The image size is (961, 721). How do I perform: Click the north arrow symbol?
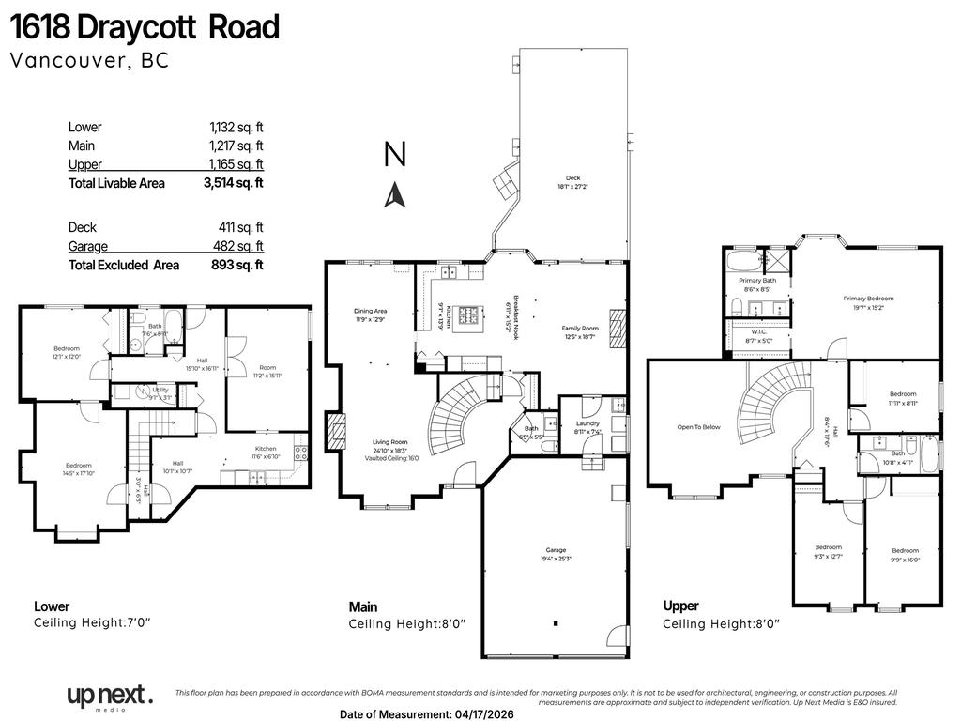click(395, 193)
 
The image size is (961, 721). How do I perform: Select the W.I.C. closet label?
click(757, 335)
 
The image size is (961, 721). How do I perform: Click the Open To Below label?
click(699, 427)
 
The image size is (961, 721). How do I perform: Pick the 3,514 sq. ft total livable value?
click(234, 184)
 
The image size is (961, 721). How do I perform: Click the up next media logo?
click(108, 697)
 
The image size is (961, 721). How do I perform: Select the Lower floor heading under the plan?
click(52, 606)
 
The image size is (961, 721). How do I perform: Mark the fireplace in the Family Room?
click(617, 329)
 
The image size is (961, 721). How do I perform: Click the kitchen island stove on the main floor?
click(469, 314)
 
